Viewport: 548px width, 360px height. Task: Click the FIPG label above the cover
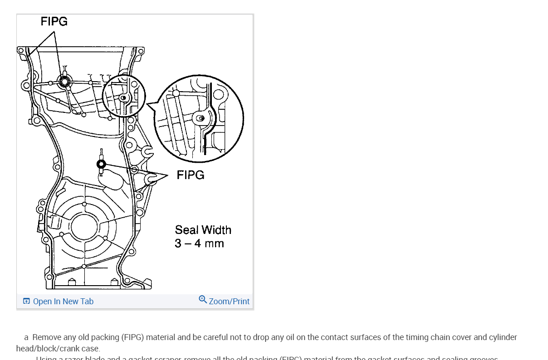pos(54,21)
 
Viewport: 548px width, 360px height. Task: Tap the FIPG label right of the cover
pos(191,175)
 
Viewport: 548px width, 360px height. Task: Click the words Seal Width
pos(203,230)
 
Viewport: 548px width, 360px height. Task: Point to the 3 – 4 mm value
pos(199,243)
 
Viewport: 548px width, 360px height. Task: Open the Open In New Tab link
pos(63,302)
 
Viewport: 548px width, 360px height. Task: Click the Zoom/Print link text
pos(229,302)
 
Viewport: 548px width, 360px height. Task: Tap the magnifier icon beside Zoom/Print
pos(203,299)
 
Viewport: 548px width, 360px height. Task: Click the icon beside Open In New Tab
pos(26,301)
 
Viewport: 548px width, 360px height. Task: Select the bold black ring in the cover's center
pos(101,164)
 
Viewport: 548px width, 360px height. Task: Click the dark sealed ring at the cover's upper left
pos(64,82)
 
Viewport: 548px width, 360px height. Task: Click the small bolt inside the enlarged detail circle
pos(201,118)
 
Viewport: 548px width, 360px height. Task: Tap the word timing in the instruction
pos(403,337)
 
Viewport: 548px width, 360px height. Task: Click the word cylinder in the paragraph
pos(503,337)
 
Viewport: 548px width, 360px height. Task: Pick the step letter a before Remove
pos(26,338)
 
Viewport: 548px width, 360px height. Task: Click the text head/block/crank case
pos(58,349)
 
